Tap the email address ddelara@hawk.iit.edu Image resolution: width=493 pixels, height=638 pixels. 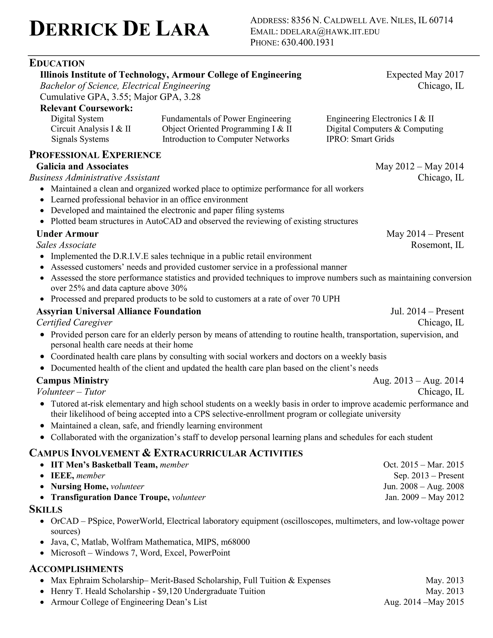330,32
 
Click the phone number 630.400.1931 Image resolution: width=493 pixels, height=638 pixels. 308,43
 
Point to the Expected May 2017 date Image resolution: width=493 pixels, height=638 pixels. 425,75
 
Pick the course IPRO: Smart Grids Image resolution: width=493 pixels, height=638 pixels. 360,139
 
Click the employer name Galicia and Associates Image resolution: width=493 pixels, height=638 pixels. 82,166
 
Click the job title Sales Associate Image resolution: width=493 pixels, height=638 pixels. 66,245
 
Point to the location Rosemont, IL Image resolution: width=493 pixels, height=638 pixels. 437,245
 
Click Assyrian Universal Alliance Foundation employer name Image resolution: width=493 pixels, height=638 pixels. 119,311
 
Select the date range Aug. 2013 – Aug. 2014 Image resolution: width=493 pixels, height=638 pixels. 418,380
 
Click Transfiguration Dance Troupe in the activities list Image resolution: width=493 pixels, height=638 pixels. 110,497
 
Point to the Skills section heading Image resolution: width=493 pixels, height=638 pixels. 45,509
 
